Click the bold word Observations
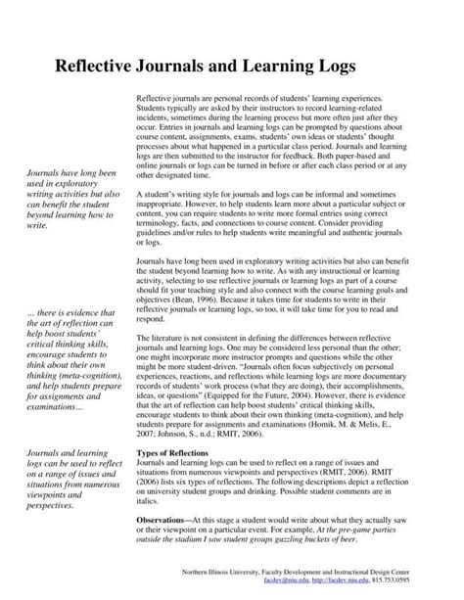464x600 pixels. click(x=164, y=522)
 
